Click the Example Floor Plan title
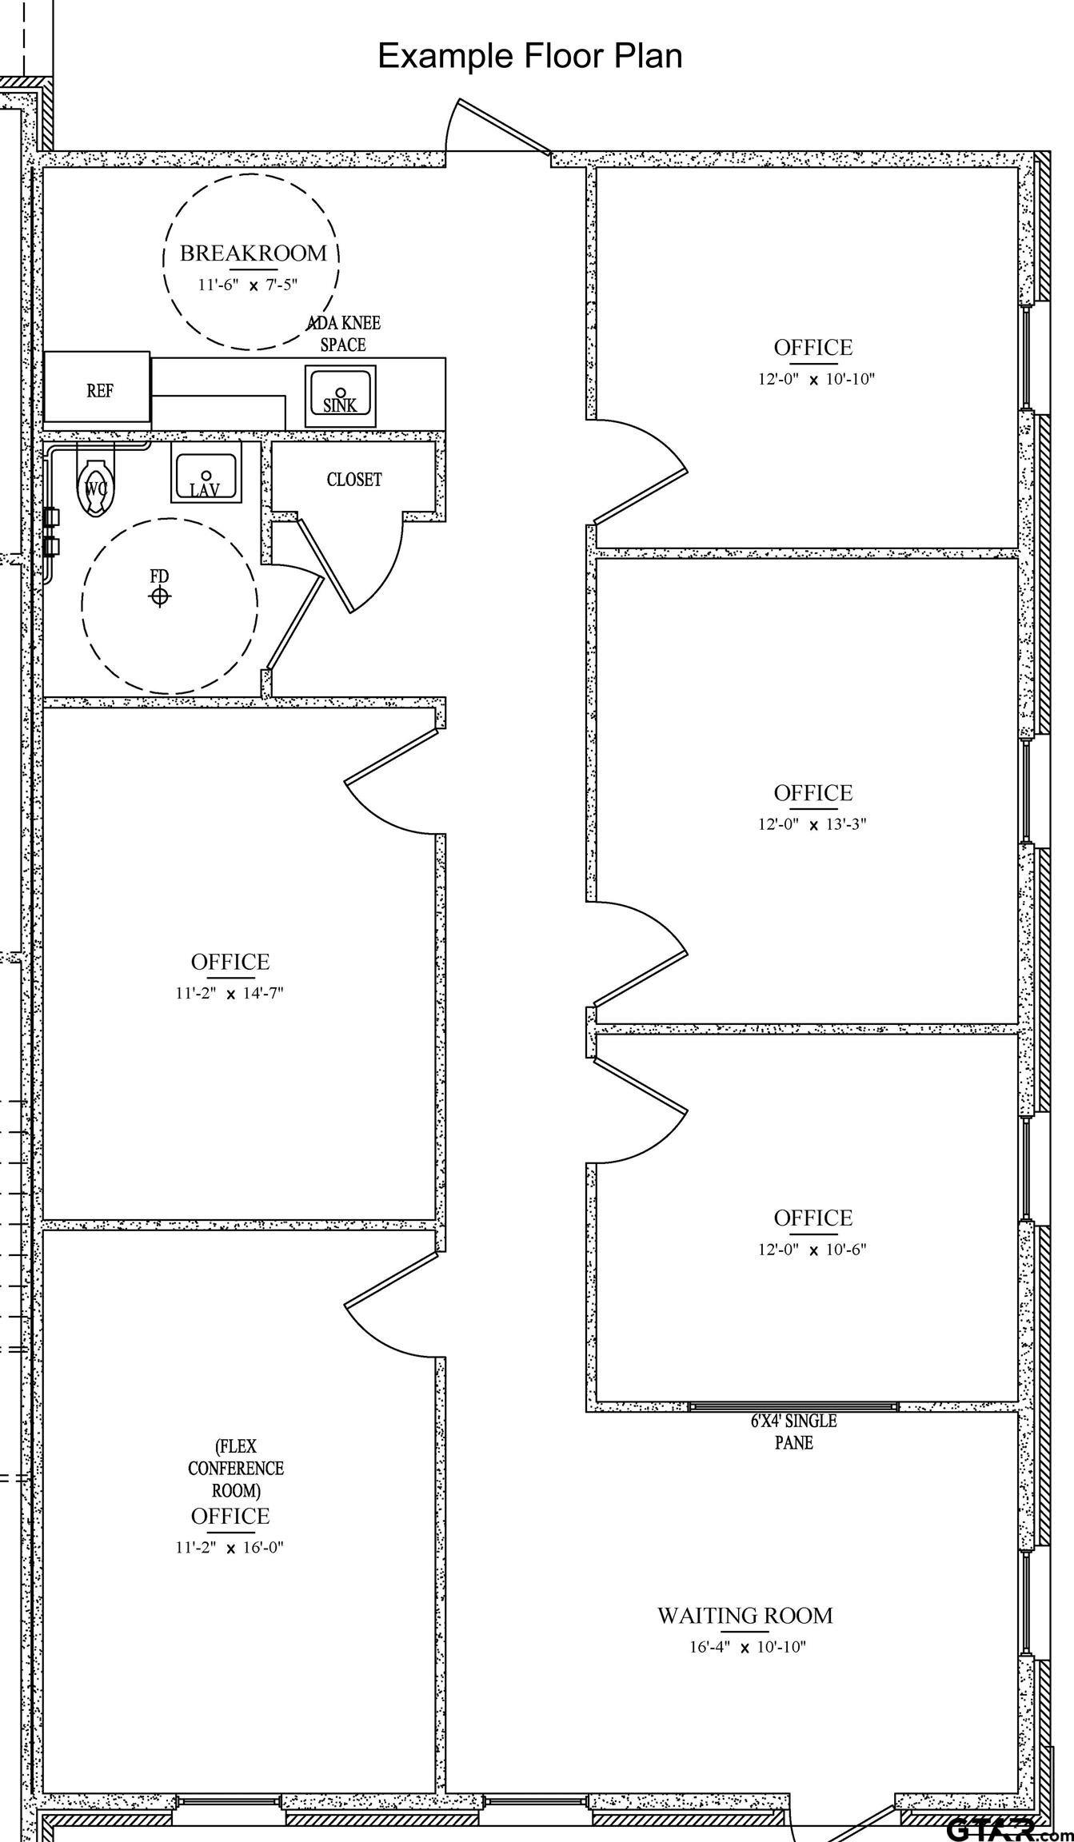coord(529,57)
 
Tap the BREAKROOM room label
coord(254,253)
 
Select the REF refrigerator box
coord(97,386)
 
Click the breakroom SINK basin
coord(340,397)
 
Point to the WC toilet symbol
coord(95,487)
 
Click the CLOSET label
coord(354,480)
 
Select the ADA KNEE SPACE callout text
coord(344,334)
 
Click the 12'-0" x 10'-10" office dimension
coord(816,379)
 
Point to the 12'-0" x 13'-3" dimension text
coord(812,824)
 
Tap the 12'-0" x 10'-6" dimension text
coord(812,1250)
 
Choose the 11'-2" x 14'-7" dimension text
coord(230,993)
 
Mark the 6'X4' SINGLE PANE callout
coord(793,1432)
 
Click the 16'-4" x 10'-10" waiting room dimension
coord(748,1647)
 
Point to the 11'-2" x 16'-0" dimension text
coord(230,1547)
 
